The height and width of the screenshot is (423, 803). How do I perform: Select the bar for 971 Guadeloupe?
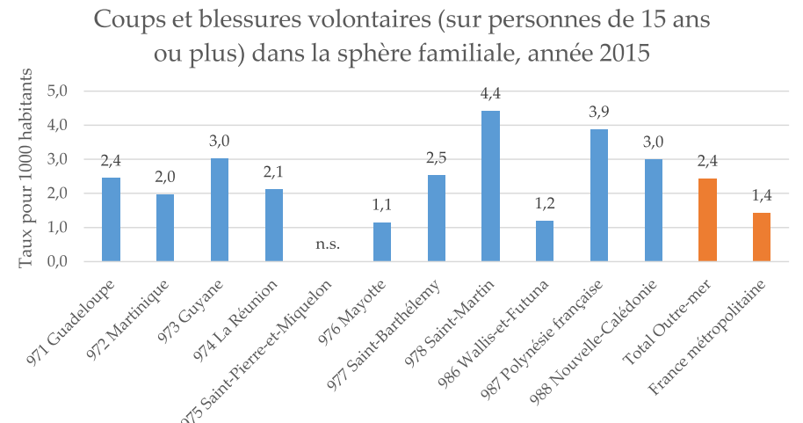(111, 220)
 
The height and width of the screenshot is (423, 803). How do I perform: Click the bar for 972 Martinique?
(165, 228)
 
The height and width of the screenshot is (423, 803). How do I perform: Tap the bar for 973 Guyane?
(220, 210)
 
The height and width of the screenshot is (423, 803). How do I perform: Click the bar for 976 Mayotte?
(382, 243)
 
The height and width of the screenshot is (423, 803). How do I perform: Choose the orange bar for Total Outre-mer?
(708, 220)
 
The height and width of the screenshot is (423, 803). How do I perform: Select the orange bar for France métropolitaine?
(763, 237)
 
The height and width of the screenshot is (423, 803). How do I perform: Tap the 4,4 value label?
(491, 93)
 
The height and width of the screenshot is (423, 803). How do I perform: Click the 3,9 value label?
(599, 113)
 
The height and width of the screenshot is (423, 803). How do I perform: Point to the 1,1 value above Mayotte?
(382, 206)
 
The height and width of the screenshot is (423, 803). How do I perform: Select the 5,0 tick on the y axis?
(69, 91)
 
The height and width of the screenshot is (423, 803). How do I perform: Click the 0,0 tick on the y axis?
(69, 262)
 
